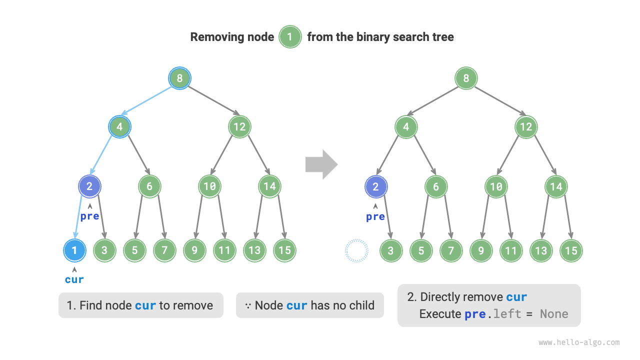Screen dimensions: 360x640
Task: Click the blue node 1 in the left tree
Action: [x=74, y=250]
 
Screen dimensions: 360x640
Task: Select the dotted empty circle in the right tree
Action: [x=356, y=250]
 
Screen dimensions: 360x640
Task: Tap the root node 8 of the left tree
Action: [x=179, y=78]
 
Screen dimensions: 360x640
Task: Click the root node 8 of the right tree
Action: [x=466, y=78]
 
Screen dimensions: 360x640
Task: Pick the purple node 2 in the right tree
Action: [x=376, y=186]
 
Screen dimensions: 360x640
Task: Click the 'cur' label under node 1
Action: [x=74, y=279]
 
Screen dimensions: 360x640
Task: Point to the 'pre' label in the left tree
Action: [x=90, y=216]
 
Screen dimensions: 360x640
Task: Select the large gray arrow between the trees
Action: [x=321, y=164]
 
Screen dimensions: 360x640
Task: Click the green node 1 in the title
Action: [x=290, y=37]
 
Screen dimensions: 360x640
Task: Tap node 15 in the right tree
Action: [x=571, y=250]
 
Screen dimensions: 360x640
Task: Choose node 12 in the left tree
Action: [x=239, y=126]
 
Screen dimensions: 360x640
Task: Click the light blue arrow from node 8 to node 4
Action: [x=149, y=102]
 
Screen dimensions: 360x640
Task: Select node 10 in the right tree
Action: [x=496, y=186]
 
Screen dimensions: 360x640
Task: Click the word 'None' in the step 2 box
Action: [x=554, y=314]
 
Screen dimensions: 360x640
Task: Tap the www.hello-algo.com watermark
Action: [x=579, y=342]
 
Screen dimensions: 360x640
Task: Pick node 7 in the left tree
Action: [x=164, y=250]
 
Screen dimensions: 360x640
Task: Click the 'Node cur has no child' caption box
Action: [x=309, y=305]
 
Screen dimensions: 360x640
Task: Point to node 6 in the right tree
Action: [x=436, y=186]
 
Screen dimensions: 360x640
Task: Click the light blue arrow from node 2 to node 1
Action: [x=79, y=217]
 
